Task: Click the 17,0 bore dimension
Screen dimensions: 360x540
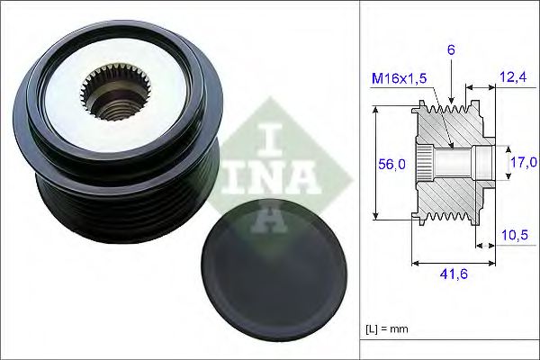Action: pos(523,162)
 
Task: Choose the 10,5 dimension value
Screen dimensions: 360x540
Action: pos(513,236)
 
